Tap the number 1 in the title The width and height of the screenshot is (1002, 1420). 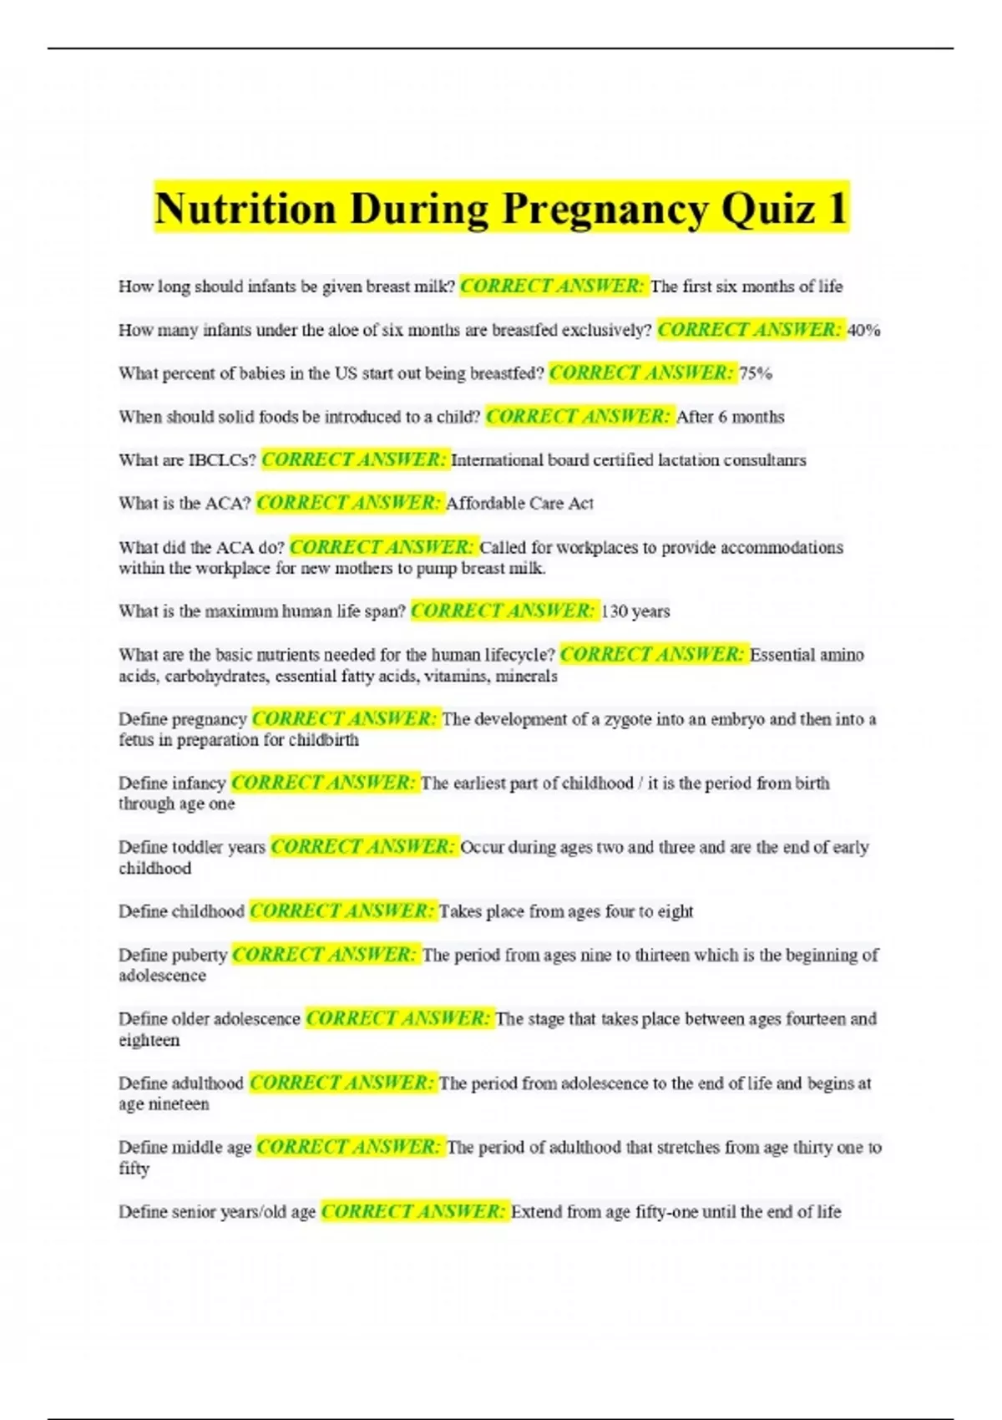pos(836,208)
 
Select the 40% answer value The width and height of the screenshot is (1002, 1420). pos(864,330)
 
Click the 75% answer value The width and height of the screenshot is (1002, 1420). pos(756,373)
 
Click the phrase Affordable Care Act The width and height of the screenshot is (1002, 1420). pos(519,504)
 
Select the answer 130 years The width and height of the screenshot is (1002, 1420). pos(635,611)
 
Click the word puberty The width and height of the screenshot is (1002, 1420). pos(199,955)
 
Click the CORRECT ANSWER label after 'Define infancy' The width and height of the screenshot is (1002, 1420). pos(323,783)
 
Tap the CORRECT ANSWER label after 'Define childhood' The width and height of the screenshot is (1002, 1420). pos(342,911)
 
